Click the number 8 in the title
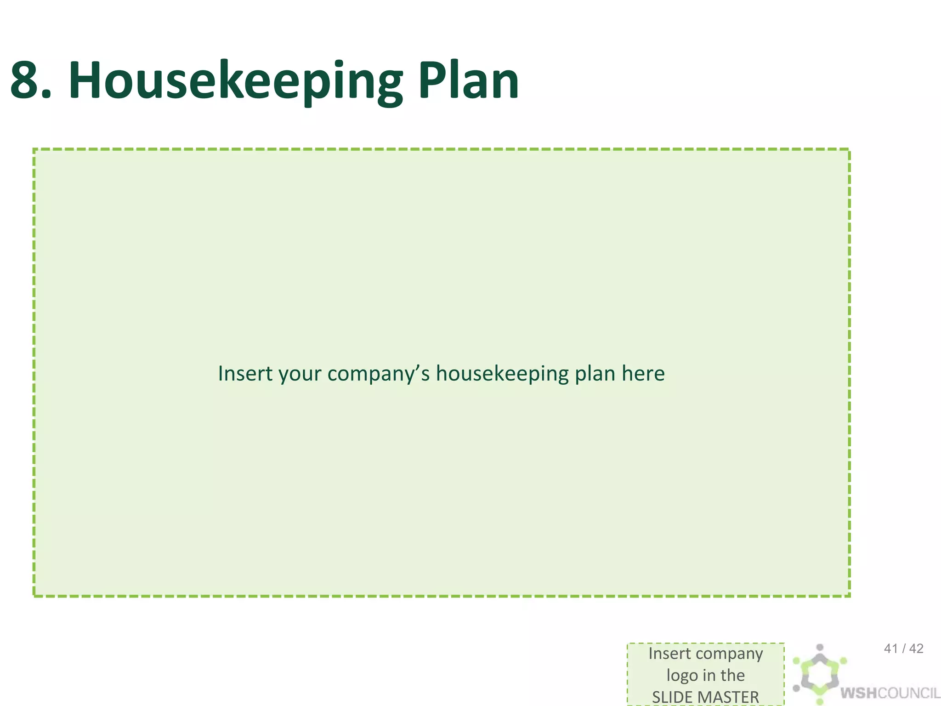pos(30,81)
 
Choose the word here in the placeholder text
pos(643,373)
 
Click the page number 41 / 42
pos(903,649)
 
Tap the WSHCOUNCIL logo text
pos(890,693)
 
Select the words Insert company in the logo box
pos(705,654)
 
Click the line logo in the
pos(705,675)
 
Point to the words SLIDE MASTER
pos(705,697)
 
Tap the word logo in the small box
pos(682,676)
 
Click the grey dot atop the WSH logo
pos(820,647)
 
